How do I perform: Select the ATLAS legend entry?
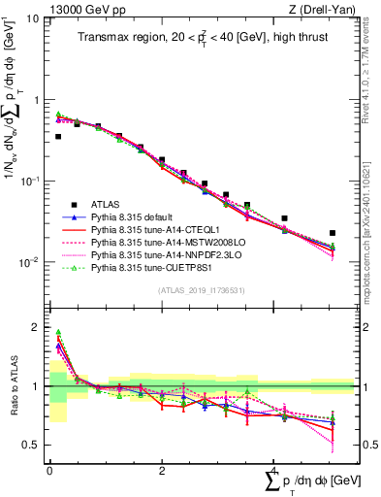tap(108, 204)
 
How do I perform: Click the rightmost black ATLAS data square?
tap(333, 233)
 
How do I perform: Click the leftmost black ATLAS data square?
tap(58, 137)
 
